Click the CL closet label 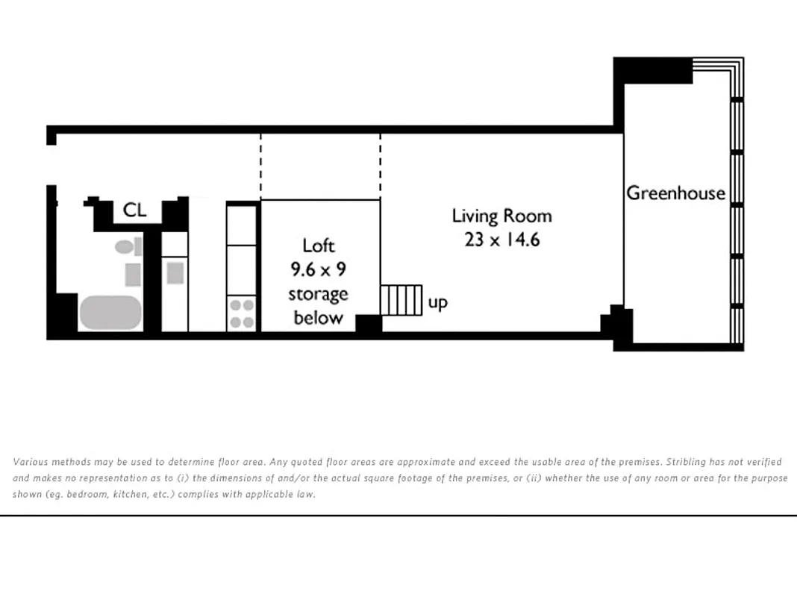point(134,210)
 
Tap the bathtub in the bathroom point(110,313)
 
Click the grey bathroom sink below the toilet point(132,275)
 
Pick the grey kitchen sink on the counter point(175,272)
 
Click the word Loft point(319,246)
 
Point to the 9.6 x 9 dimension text point(319,269)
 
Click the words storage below point(319,306)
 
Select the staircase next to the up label point(401,300)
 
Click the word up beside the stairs point(438,303)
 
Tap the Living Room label point(501,216)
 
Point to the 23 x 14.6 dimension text point(501,240)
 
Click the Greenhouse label point(675,193)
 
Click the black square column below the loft point(368,323)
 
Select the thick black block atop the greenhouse point(654,70)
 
